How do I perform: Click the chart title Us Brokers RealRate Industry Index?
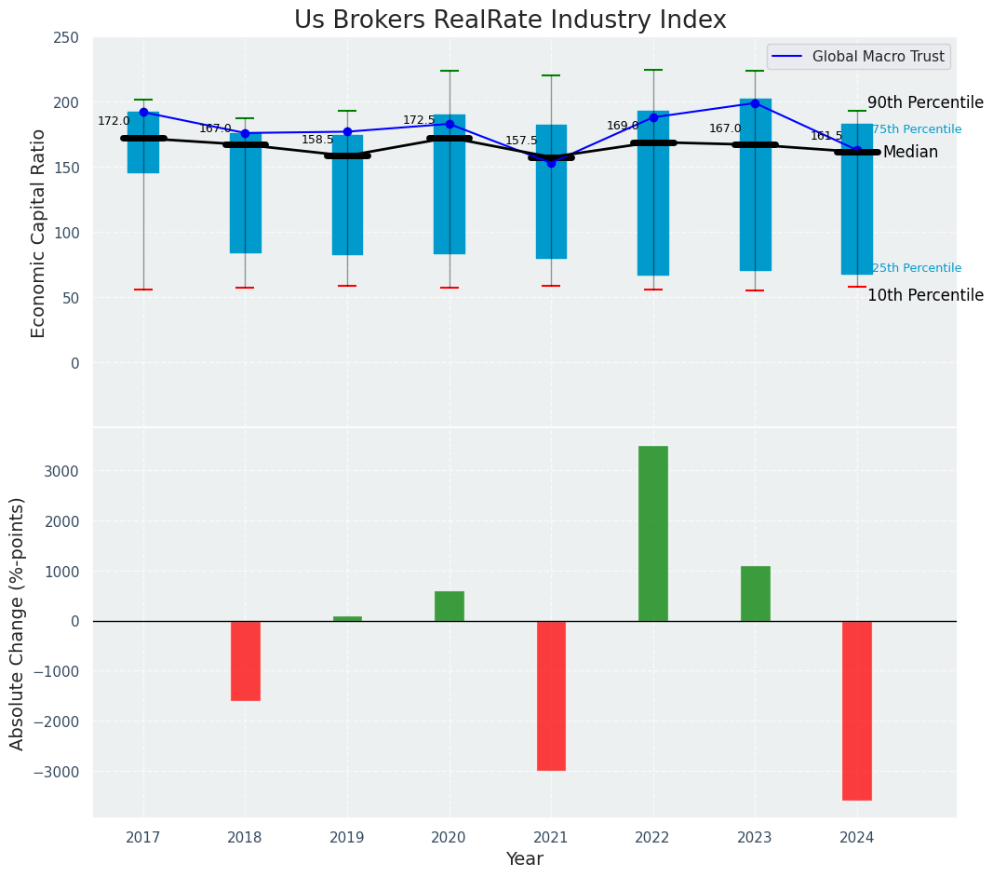(x=510, y=20)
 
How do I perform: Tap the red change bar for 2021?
(x=551, y=695)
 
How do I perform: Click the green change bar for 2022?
(x=653, y=533)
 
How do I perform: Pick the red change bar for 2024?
(x=857, y=710)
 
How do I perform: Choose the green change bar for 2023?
(x=755, y=593)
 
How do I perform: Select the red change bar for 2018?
(x=246, y=661)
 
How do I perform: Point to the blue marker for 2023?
(x=755, y=103)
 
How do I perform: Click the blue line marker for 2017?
(x=143, y=112)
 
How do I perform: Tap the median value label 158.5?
(x=317, y=140)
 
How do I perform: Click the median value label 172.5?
(x=419, y=120)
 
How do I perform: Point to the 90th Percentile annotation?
(x=925, y=102)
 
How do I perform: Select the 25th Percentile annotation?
(x=917, y=268)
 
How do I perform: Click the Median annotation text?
(x=910, y=152)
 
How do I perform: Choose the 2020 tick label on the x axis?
(x=450, y=838)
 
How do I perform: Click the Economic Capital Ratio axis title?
(x=39, y=233)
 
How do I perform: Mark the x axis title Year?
(x=524, y=859)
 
